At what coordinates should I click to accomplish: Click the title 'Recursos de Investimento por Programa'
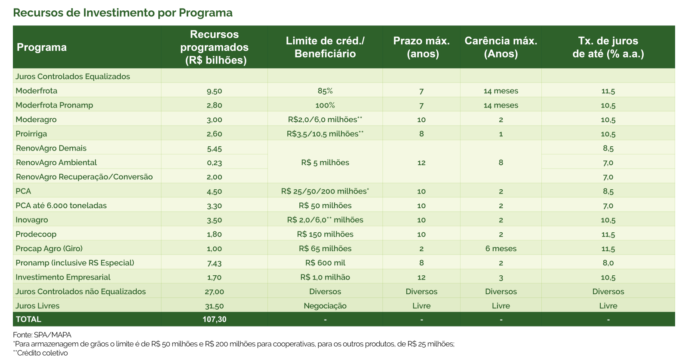tap(123, 13)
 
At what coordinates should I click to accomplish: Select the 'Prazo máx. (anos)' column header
tap(421, 47)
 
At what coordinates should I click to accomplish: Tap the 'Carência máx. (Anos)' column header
tap(501, 47)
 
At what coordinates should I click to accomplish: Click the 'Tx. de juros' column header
tap(608, 47)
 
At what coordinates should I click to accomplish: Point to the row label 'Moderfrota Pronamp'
tap(54, 105)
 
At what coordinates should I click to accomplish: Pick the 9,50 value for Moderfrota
tap(214, 91)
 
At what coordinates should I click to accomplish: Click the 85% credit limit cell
tap(325, 91)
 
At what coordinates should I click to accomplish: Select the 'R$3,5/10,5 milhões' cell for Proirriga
tap(325, 134)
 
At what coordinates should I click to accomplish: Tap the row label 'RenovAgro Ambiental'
tap(56, 163)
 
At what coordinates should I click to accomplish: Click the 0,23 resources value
tap(214, 163)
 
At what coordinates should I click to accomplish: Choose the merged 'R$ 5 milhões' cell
tap(325, 163)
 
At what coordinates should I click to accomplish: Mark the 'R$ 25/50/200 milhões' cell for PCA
tap(325, 191)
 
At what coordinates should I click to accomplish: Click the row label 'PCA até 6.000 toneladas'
tap(61, 206)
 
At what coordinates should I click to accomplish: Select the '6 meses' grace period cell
tap(501, 249)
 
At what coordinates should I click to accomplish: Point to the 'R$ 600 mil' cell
tap(325, 263)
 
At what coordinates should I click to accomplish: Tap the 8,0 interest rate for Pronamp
tap(608, 263)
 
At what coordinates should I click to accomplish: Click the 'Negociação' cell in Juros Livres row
tap(325, 306)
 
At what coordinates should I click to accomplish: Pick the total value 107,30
tap(214, 320)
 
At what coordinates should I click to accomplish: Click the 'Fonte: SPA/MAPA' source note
tap(42, 335)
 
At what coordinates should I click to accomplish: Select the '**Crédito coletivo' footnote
tap(40, 353)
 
